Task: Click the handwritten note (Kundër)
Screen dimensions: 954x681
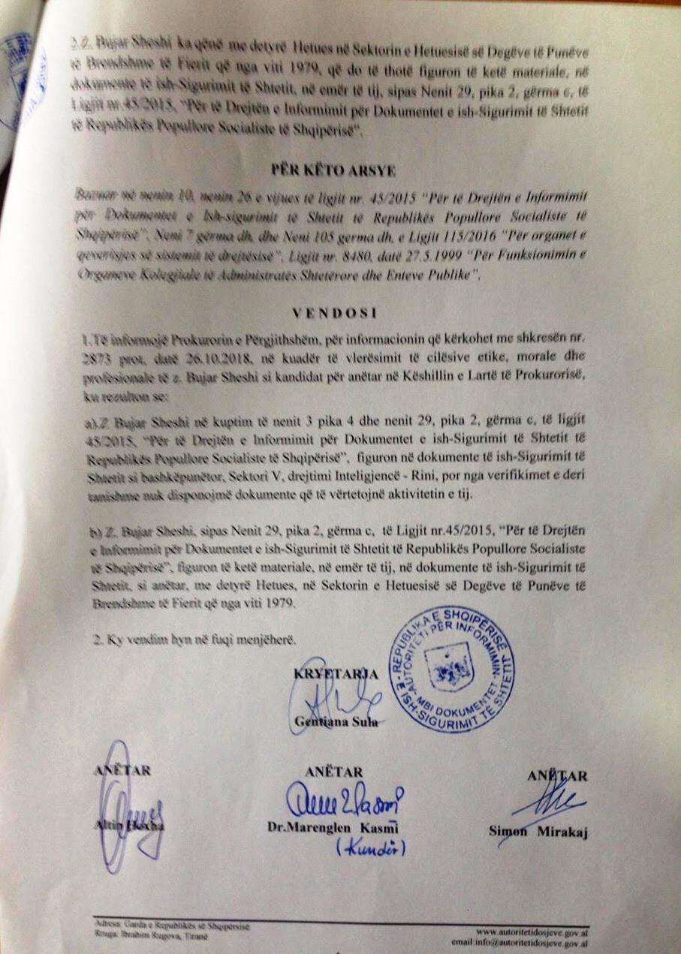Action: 370,847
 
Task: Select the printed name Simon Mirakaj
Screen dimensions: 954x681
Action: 538,831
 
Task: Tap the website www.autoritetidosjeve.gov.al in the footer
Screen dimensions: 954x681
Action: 532,930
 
